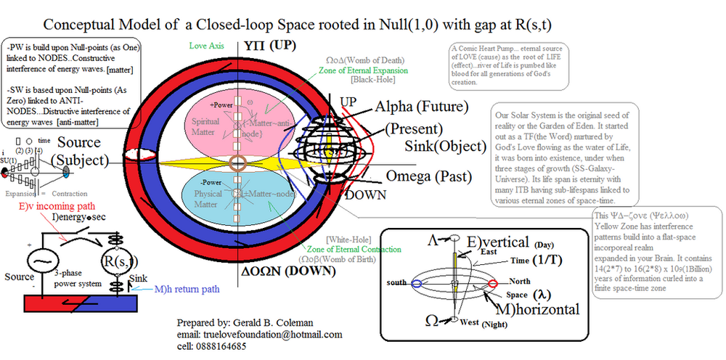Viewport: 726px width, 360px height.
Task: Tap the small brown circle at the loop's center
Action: click(237, 160)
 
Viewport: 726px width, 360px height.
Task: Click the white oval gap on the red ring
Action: click(137, 155)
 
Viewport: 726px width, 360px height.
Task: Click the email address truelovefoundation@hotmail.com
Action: click(258, 335)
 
